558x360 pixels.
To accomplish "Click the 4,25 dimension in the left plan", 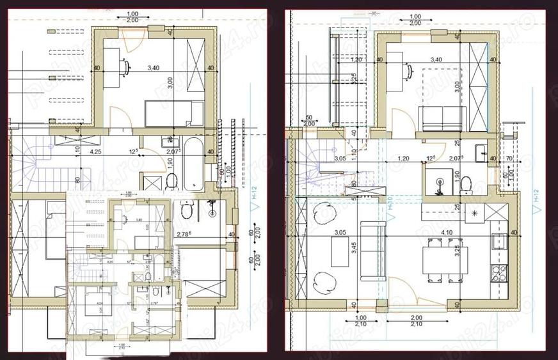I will point(95,152).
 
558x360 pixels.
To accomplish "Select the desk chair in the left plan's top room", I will point(124,65).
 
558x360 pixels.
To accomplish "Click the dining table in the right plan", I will point(445,259).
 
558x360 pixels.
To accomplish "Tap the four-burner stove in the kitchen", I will point(497,275).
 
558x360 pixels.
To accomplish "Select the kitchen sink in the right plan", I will point(497,241).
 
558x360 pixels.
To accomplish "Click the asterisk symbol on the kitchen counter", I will point(475,212).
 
